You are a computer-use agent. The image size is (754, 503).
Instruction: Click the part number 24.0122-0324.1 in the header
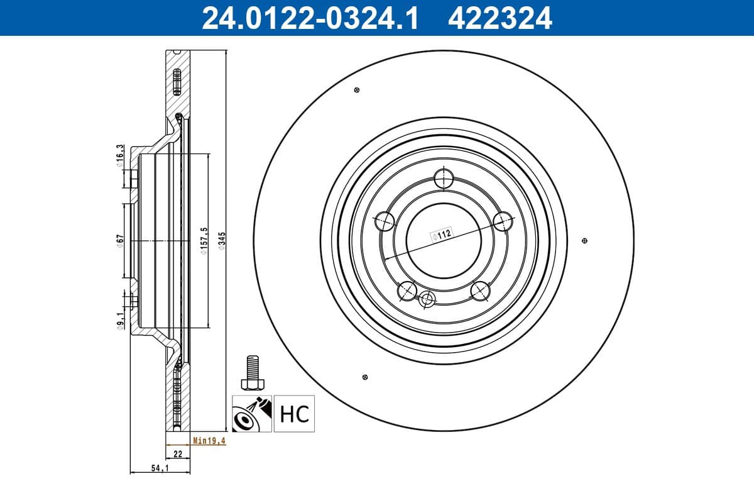coord(309,18)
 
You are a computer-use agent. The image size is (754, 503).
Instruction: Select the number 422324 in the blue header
coord(500,18)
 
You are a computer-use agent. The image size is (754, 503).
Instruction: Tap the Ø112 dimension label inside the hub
coord(442,235)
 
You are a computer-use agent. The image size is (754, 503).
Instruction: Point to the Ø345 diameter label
coord(221,241)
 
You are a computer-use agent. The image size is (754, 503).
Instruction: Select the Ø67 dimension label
coord(119,241)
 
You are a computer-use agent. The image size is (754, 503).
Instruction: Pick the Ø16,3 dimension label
coord(119,156)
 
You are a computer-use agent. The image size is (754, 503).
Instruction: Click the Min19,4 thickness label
coord(209,441)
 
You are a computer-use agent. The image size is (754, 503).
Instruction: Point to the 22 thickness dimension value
coord(177,453)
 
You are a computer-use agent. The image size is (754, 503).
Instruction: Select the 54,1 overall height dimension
coord(160,468)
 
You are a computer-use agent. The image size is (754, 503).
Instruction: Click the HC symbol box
coord(293,414)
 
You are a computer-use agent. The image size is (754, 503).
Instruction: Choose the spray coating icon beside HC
coord(251,414)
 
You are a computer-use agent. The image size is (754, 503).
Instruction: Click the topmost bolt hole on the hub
coord(444,178)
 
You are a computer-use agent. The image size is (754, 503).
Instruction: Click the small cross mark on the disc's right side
coord(585,241)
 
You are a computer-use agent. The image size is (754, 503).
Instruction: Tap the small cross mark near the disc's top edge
coord(357,90)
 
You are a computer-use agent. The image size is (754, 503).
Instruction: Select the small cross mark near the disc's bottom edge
coord(365,377)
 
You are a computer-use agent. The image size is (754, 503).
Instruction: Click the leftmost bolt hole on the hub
coord(384,221)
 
